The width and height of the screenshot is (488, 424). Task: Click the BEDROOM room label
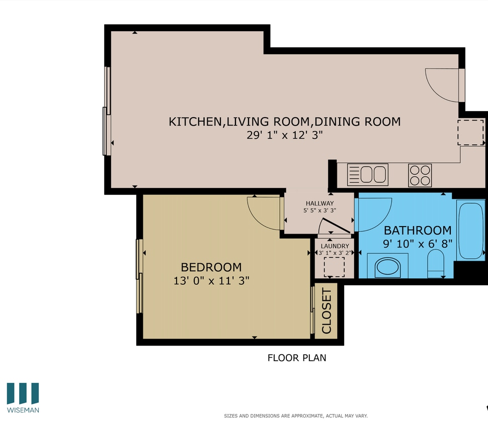pos(211,267)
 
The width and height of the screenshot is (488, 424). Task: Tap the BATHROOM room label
pos(418,231)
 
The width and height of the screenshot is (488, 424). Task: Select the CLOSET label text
pos(327,311)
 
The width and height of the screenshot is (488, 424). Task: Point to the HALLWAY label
pos(319,203)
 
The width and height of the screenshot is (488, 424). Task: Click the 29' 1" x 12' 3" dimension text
pos(284,135)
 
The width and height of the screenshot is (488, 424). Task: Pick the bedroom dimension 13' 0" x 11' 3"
pos(211,281)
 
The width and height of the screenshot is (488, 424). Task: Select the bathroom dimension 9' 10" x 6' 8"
pos(418,243)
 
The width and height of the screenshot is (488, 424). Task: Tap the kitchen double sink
pos(368,175)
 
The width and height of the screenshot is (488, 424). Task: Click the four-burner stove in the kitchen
pos(420,175)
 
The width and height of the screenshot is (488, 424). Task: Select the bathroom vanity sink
pos(387,266)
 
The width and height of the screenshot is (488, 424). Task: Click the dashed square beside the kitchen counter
pos(470,132)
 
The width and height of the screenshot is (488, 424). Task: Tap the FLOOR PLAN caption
pos(296,358)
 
